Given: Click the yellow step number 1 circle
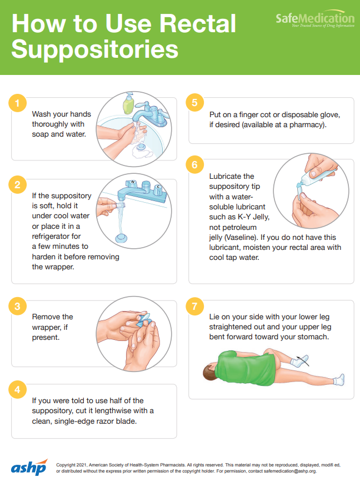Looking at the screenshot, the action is [x=17, y=103].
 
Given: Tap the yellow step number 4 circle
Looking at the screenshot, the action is [x=17, y=389].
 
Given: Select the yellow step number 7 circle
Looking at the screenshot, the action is [x=195, y=306].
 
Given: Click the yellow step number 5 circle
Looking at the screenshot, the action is [x=195, y=103].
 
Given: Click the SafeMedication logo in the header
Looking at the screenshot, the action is [x=315, y=19].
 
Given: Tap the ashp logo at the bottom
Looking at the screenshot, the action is [x=29, y=467].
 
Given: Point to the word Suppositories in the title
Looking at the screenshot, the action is [x=95, y=49].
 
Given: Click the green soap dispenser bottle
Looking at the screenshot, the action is [x=128, y=103].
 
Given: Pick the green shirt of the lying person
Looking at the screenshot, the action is [x=246, y=368].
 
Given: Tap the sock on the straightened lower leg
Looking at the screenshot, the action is [x=339, y=379].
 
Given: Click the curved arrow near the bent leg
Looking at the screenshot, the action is [x=303, y=360].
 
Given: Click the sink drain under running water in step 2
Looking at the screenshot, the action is [x=122, y=238].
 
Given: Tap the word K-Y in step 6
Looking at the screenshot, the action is [x=244, y=217].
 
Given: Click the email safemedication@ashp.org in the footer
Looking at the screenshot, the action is [x=290, y=471].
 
